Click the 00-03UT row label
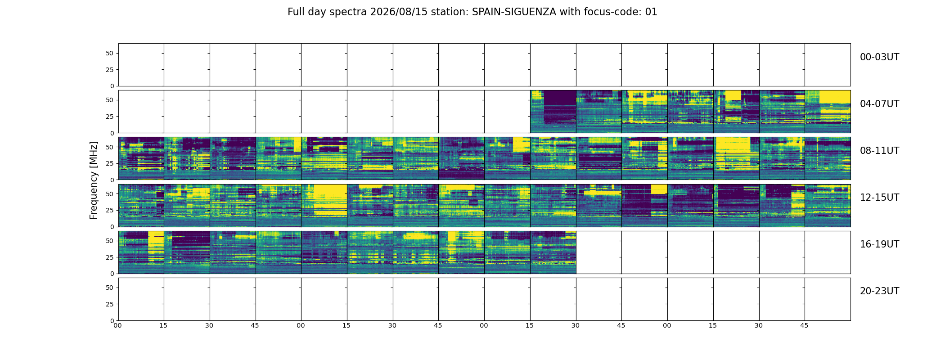point(879,57)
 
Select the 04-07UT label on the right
point(879,104)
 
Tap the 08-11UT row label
point(879,151)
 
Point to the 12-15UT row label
point(879,198)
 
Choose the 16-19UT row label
point(879,244)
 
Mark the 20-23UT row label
point(879,291)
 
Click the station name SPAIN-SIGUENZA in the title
point(514,12)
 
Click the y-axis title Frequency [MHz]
point(94,180)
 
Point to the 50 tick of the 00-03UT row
point(110,53)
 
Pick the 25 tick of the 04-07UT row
point(110,117)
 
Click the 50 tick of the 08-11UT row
point(110,147)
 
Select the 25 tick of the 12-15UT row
point(110,210)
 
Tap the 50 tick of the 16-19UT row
point(110,241)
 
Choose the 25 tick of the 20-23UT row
point(110,304)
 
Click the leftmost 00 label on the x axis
point(117,325)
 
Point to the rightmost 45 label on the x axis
point(804,325)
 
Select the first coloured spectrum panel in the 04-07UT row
point(553,112)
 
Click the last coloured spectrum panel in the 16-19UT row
point(553,252)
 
